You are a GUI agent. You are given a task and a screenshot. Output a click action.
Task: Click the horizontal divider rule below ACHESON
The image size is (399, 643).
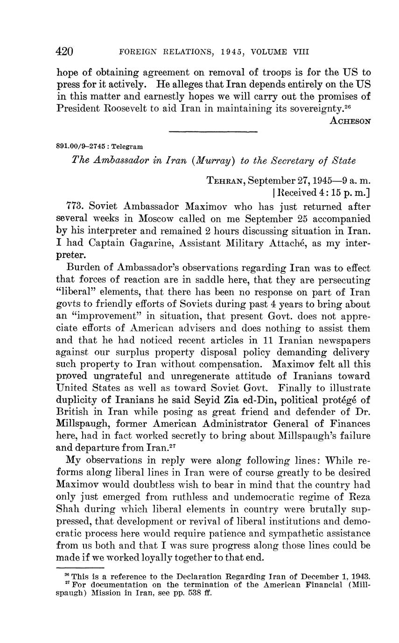(x=213, y=131)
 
